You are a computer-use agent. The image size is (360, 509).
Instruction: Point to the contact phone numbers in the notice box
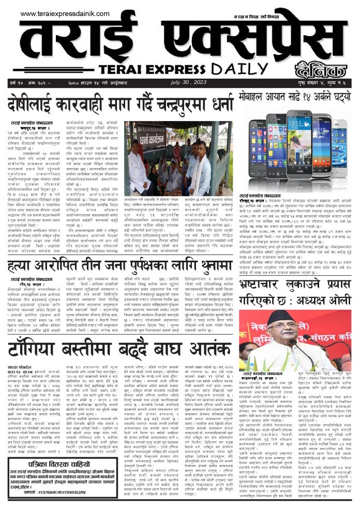[62, 492]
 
